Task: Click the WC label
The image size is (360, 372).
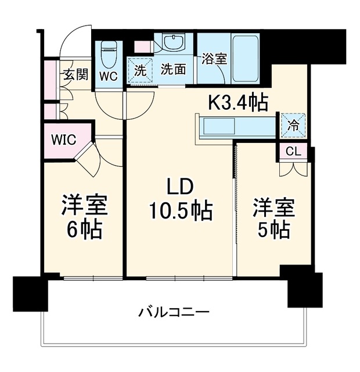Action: coord(109,76)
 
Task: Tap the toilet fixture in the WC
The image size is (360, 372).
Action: coord(109,55)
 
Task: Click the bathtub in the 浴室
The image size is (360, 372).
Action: coord(245,59)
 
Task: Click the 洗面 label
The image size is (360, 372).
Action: coord(173,70)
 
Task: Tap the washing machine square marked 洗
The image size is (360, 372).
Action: coord(141,71)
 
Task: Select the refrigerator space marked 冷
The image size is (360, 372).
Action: coord(293,126)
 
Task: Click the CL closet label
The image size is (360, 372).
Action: coord(293,151)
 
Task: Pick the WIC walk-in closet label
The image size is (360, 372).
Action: coord(64,139)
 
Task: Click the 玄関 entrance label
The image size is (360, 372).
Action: coord(76,74)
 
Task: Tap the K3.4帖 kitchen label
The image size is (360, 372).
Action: coord(238,103)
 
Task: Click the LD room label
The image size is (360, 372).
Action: coord(180,188)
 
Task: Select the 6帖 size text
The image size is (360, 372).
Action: coord(85,230)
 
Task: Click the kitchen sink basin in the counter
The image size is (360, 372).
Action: coord(218,126)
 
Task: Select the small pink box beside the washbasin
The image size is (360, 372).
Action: coord(143,46)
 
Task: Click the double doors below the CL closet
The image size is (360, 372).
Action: coord(293,169)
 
